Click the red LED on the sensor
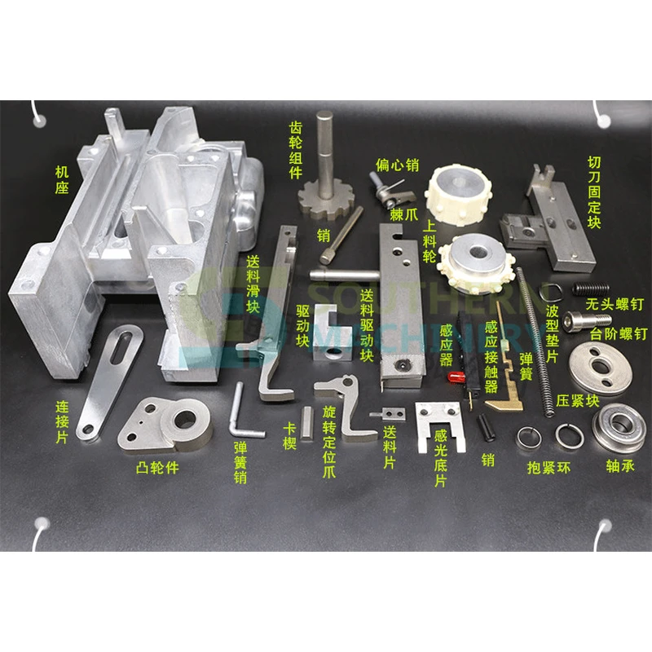click(x=456, y=377)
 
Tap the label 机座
click(x=62, y=179)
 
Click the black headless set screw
click(x=590, y=289)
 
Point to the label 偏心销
click(x=397, y=165)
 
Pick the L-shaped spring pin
click(x=242, y=412)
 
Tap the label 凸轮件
click(x=157, y=468)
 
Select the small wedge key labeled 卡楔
click(x=307, y=423)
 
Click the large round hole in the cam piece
click(x=186, y=420)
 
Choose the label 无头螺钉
click(x=615, y=304)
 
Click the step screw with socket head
click(x=587, y=321)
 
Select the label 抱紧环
click(x=548, y=468)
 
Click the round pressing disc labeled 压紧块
click(x=600, y=368)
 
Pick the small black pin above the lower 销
click(x=486, y=427)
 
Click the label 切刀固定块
click(x=594, y=192)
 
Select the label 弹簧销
click(x=240, y=463)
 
